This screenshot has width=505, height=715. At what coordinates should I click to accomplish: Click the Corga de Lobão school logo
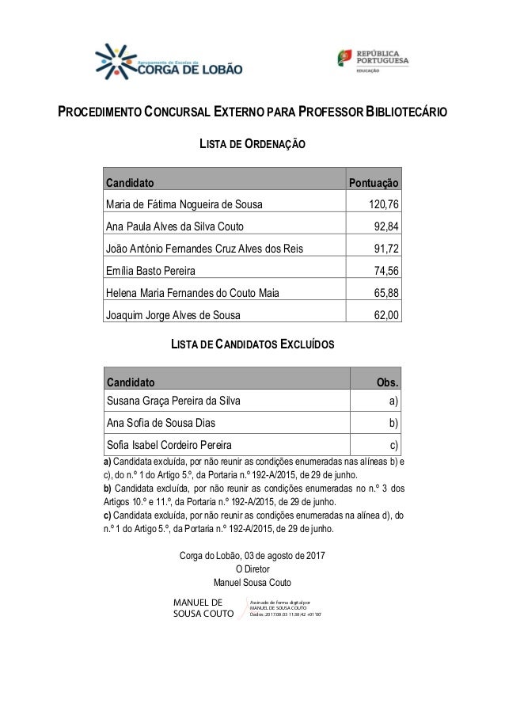(169, 63)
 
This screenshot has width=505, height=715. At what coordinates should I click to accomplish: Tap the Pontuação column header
(374, 183)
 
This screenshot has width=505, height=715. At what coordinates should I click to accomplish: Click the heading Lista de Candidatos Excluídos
(252, 345)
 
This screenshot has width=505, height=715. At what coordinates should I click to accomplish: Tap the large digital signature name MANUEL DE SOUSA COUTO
(203, 607)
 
